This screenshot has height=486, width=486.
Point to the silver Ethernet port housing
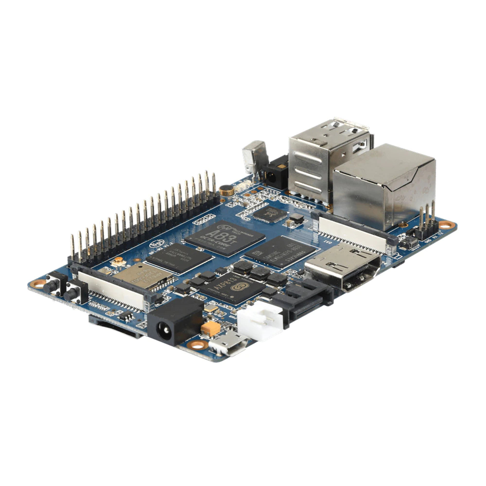(384, 185)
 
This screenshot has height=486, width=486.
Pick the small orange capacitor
(211, 329)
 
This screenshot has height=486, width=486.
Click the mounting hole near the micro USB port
(197, 345)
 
